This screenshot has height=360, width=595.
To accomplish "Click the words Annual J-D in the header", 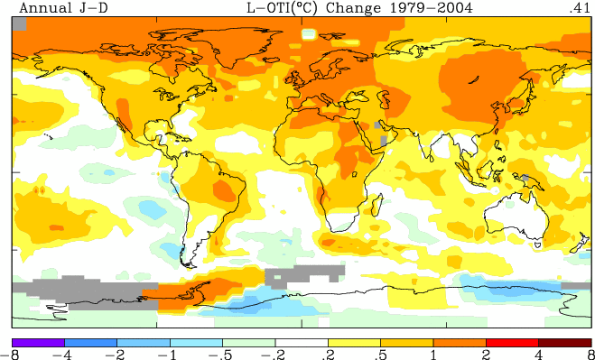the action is click(x=63, y=8).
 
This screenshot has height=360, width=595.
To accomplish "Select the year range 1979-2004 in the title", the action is click(x=426, y=8).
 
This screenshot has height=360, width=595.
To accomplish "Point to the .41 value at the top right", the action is click(x=580, y=8).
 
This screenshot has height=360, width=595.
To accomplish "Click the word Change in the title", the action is click(x=349, y=8).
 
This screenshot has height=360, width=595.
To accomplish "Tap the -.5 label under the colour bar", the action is click(x=220, y=355).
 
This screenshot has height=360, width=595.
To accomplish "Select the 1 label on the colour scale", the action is click(x=433, y=355).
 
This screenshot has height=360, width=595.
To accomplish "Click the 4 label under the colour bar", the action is click(x=538, y=355).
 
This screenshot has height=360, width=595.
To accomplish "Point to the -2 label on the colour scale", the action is click(x=115, y=355).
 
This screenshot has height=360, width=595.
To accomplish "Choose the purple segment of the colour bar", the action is click(x=38, y=343).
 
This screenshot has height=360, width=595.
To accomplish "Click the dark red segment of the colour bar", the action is click(x=564, y=343).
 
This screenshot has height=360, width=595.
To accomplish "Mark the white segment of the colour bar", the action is click(x=302, y=343).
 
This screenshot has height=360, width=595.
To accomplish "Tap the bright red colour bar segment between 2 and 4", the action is click(x=512, y=343).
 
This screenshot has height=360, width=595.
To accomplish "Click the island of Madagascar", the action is click(x=377, y=205).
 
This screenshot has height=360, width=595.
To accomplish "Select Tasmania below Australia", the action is click(x=538, y=245).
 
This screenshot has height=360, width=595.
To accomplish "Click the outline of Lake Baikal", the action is click(x=473, y=80).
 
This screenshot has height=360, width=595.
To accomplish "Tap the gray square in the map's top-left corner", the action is click(x=20, y=23).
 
